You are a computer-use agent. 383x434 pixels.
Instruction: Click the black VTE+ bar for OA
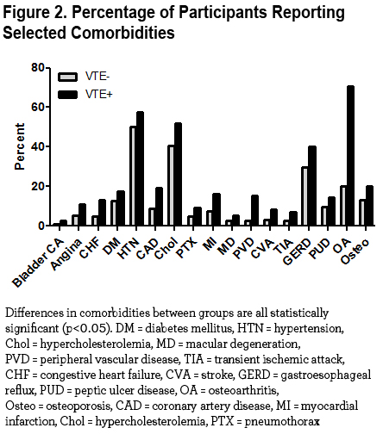tap(350, 156)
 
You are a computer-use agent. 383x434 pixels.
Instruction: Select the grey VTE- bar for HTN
tap(133, 176)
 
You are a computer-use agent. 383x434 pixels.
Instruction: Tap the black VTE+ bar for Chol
tap(178, 174)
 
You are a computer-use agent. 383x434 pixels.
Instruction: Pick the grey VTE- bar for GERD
tap(305, 196)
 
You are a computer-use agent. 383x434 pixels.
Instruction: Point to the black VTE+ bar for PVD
tap(254, 210)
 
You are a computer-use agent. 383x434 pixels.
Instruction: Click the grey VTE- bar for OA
tap(343, 206)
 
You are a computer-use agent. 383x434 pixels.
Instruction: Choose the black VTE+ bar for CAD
tap(159, 207)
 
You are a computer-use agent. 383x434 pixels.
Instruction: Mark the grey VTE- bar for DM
tap(114, 213)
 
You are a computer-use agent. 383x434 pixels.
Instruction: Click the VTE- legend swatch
tap(67, 77)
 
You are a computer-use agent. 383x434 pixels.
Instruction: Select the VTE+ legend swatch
tap(67, 95)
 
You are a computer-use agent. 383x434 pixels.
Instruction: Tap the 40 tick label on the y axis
tap(38, 146)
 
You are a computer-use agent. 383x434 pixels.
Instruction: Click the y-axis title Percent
tap(20, 146)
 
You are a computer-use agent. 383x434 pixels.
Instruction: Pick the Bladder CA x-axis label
tap(38, 263)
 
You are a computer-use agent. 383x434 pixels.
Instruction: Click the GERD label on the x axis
tap(298, 251)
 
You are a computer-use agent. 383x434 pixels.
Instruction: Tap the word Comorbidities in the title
tap(122, 33)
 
